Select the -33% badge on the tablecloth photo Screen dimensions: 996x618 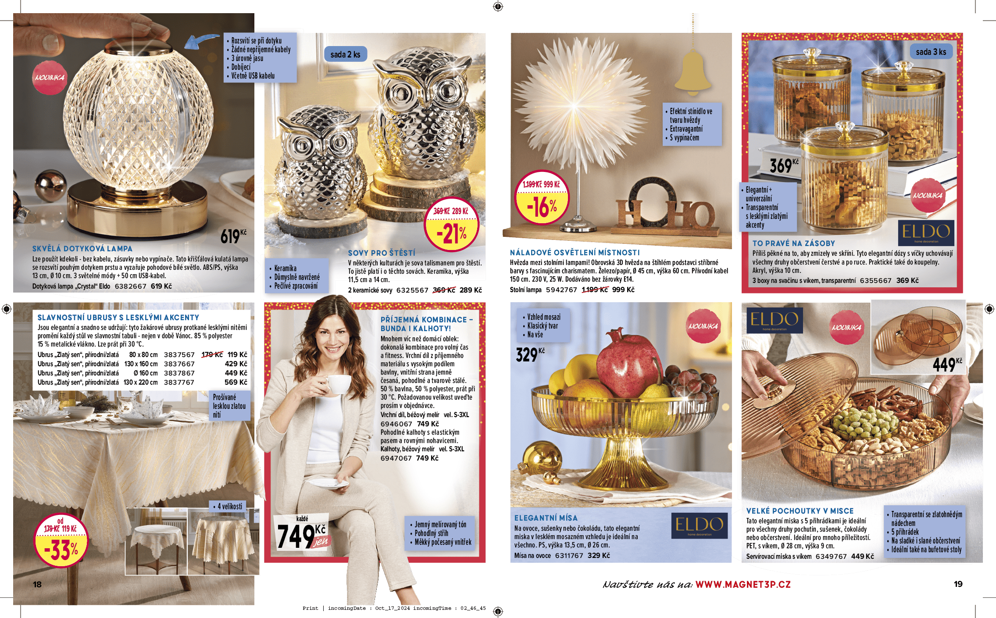pyautogui.click(x=61, y=541)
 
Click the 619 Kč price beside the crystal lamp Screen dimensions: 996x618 pyautogui.click(x=233, y=236)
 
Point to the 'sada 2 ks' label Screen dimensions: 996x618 pyautogui.click(x=345, y=54)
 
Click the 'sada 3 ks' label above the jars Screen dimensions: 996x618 pyautogui.click(x=931, y=52)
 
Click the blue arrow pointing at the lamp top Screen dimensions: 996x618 pyautogui.click(x=201, y=41)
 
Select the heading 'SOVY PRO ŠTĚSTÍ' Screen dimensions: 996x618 pyautogui.click(x=382, y=253)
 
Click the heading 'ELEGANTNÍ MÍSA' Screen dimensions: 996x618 pyautogui.click(x=546, y=518)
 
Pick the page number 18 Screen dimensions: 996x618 pyautogui.click(x=37, y=584)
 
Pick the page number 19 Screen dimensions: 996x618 pyautogui.click(x=958, y=584)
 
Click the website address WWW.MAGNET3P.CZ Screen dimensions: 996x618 pyautogui.click(x=743, y=584)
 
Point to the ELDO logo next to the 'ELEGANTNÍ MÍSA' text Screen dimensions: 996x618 pyautogui.click(x=699, y=525)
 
